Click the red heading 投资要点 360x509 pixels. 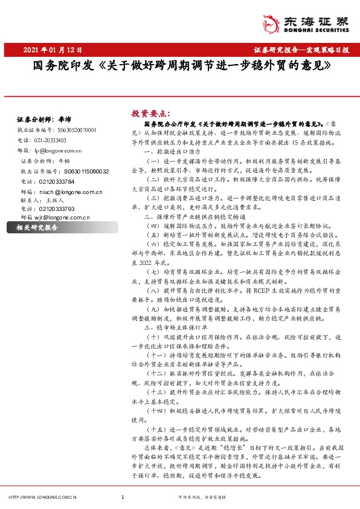click(x=151, y=112)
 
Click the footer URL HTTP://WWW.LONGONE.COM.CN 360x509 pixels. click(x=42, y=497)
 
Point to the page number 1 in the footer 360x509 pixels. click(x=123, y=497)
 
